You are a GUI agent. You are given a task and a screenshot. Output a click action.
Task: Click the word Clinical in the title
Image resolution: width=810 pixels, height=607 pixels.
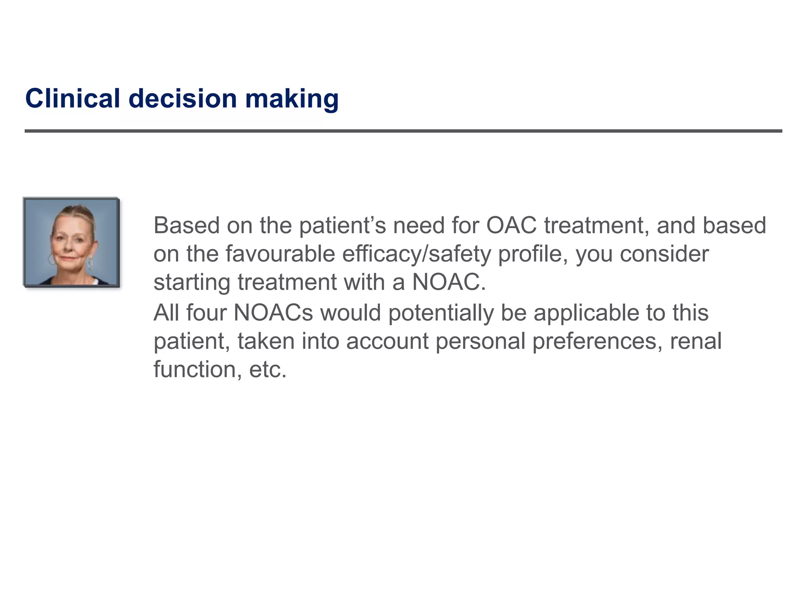tap(72, 98)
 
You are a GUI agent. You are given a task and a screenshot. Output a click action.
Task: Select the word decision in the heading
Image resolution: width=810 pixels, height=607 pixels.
tap(182, 98)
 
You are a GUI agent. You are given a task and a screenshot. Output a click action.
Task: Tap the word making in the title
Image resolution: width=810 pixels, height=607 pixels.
tap(291, 98)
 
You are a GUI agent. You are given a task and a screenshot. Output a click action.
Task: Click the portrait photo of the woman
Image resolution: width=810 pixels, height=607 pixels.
tap(72, 242)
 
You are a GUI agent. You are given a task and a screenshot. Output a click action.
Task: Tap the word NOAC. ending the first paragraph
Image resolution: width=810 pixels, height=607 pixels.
tap(449, 282)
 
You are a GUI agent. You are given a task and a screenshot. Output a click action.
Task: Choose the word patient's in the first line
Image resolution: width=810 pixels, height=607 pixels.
tap(342, 225)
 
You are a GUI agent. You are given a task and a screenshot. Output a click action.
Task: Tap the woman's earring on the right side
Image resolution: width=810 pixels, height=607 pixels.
tap(90, 263)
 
